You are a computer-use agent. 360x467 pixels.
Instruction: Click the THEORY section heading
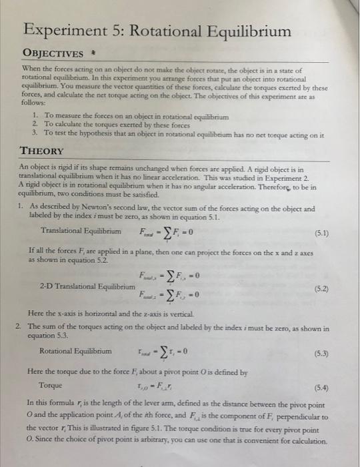coord(43,151)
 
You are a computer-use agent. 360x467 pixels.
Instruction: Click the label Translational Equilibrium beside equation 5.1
coord(81,231)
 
